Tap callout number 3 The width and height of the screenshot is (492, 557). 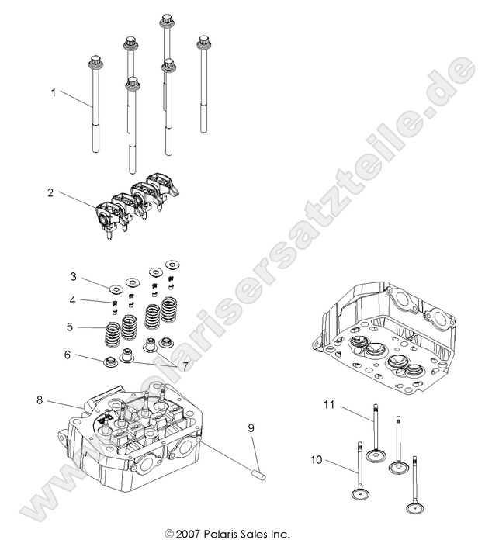tap(73, 276)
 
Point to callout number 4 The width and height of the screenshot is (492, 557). tap(73, 299)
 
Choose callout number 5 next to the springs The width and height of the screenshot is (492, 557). tap(70, 327)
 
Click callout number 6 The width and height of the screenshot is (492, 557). tap(68, 355)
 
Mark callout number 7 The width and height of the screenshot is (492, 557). tap(185, 365)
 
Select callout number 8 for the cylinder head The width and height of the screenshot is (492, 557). tap(39, 400)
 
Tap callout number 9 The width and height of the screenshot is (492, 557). tap(251, 427)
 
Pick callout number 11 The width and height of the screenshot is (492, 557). tap(328, 405)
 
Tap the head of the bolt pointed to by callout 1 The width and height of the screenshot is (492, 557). tap(96, 61)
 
